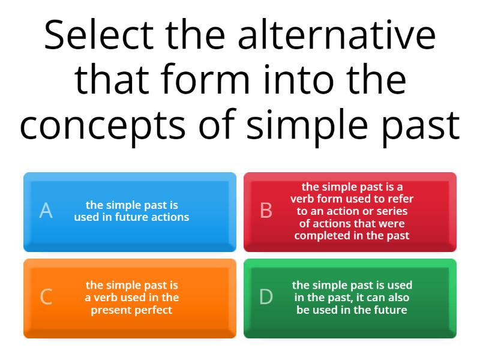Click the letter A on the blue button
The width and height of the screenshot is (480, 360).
46,211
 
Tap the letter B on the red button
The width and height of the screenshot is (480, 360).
266,211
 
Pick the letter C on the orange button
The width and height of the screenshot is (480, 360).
46,297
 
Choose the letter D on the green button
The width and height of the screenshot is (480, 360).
266,297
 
